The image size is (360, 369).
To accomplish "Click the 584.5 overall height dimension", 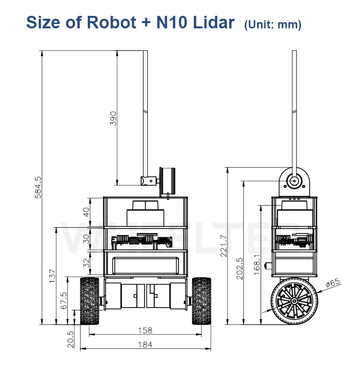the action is pos(37,187).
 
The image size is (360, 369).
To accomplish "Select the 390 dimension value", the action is pos(113,118).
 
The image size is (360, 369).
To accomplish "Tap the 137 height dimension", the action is pos(52,276).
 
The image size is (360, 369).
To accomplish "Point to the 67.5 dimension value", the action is pos(64,300).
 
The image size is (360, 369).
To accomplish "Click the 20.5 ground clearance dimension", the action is pos(71,339).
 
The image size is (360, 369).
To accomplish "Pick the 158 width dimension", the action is pos(145,331).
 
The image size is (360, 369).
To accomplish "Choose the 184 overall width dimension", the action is pos(145,345).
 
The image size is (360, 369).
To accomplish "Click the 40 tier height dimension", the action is pos(86,212).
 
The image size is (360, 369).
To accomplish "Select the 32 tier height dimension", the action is pos(86,263).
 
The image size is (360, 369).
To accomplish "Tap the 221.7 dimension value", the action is pos(224,246).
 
